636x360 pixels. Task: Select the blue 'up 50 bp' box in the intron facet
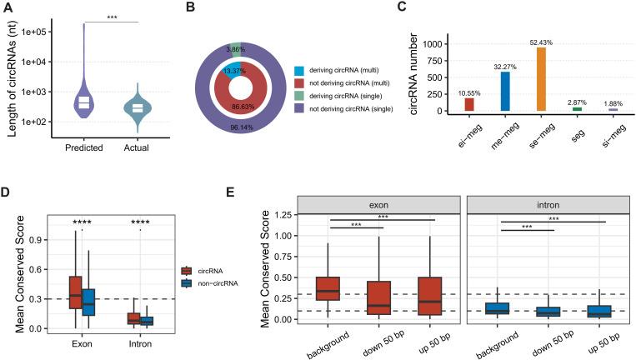(598, 311)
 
